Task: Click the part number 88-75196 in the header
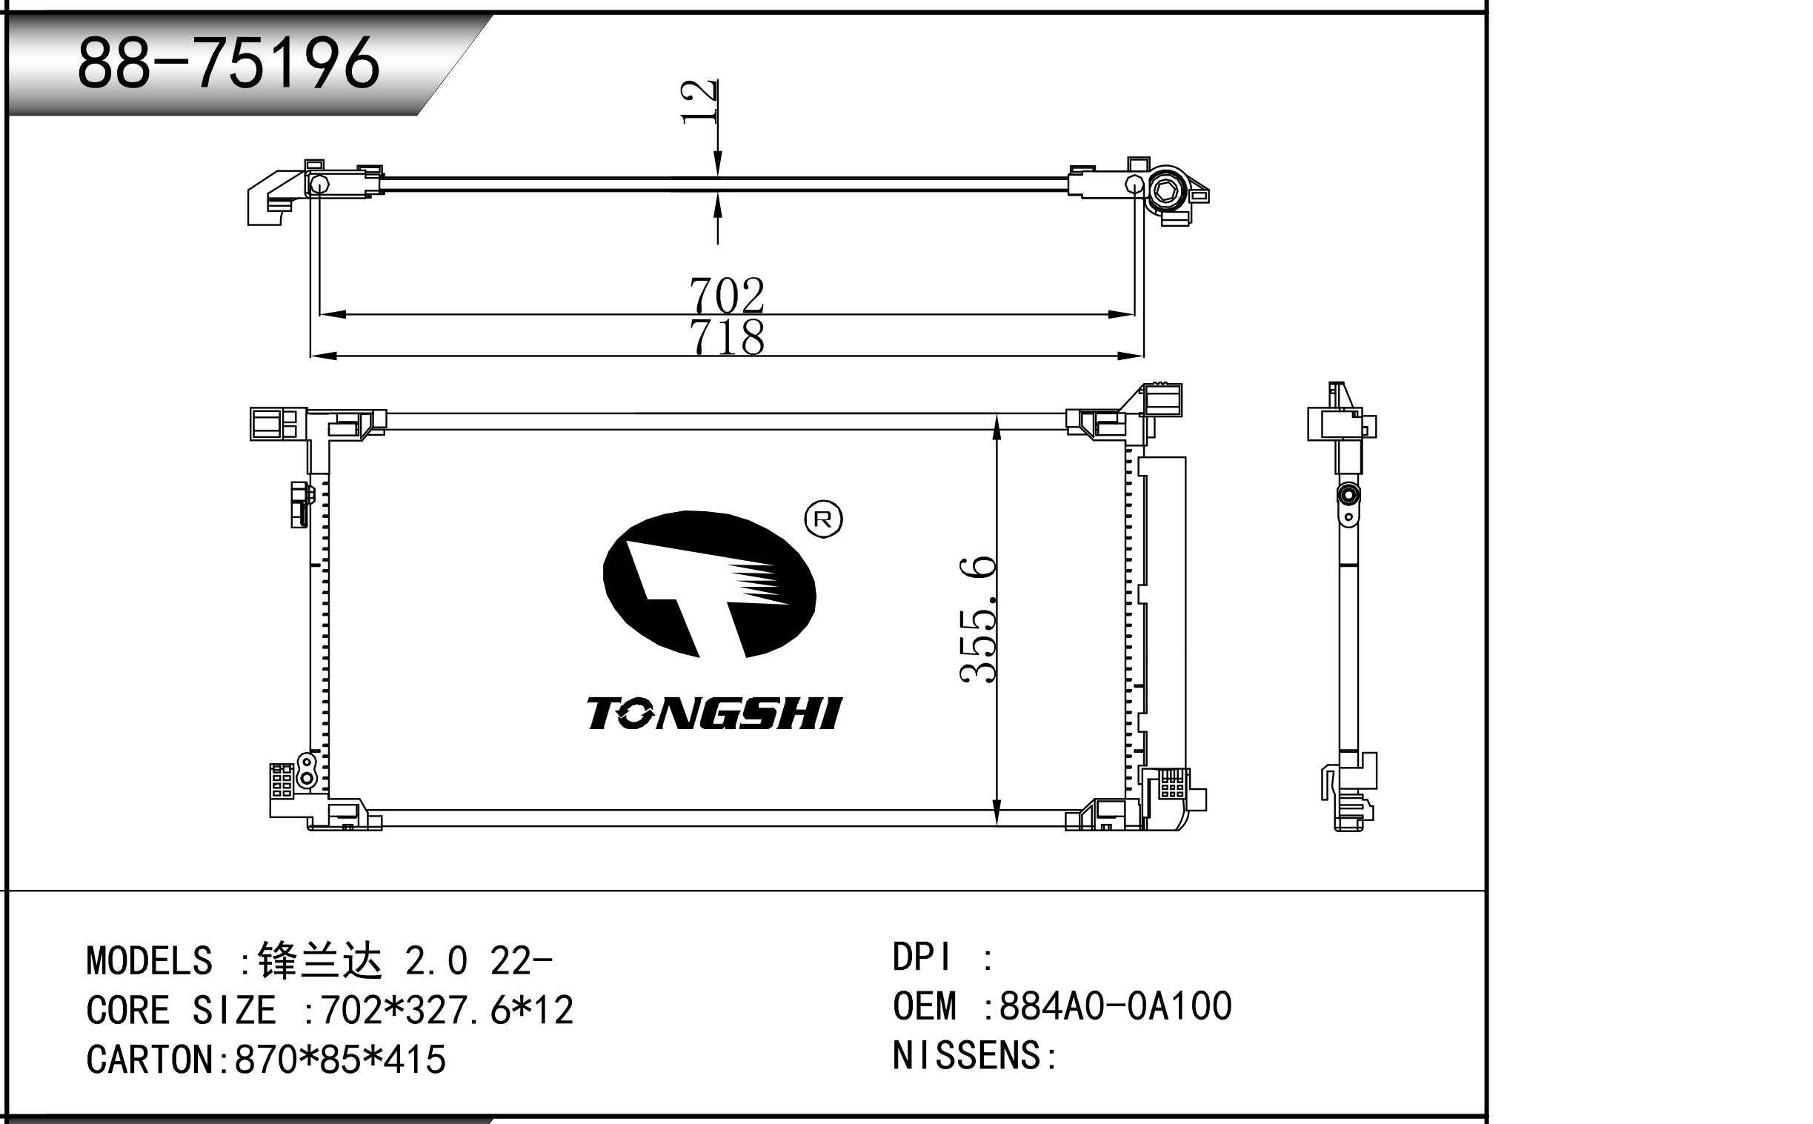228,63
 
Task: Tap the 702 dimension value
726,295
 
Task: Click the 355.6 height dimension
977,619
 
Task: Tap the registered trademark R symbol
824,519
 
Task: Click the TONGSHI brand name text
713,714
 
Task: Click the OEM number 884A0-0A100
1116,1006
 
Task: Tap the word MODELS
150,961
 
